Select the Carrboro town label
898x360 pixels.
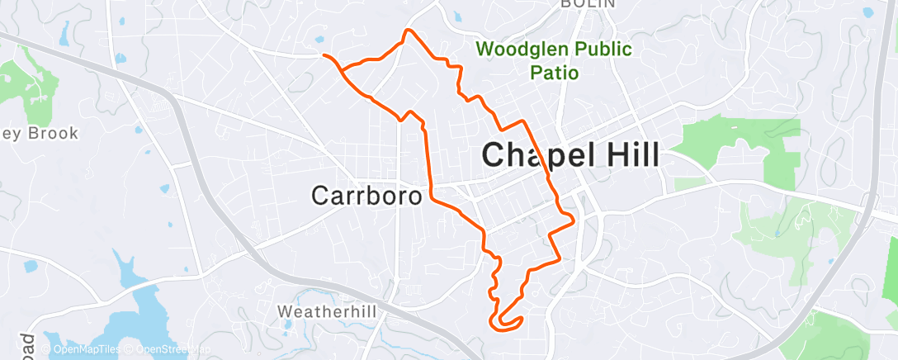click(366, 195)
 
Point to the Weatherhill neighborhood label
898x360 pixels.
click(327, 311)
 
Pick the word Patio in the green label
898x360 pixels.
click(554, 72)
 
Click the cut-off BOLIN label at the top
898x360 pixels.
click(588, 4)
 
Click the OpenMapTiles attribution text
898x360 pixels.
click(86, 350)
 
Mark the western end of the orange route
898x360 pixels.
click(324, 55)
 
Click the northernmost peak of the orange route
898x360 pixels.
click(406, 31)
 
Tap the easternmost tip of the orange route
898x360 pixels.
click(572, 218)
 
